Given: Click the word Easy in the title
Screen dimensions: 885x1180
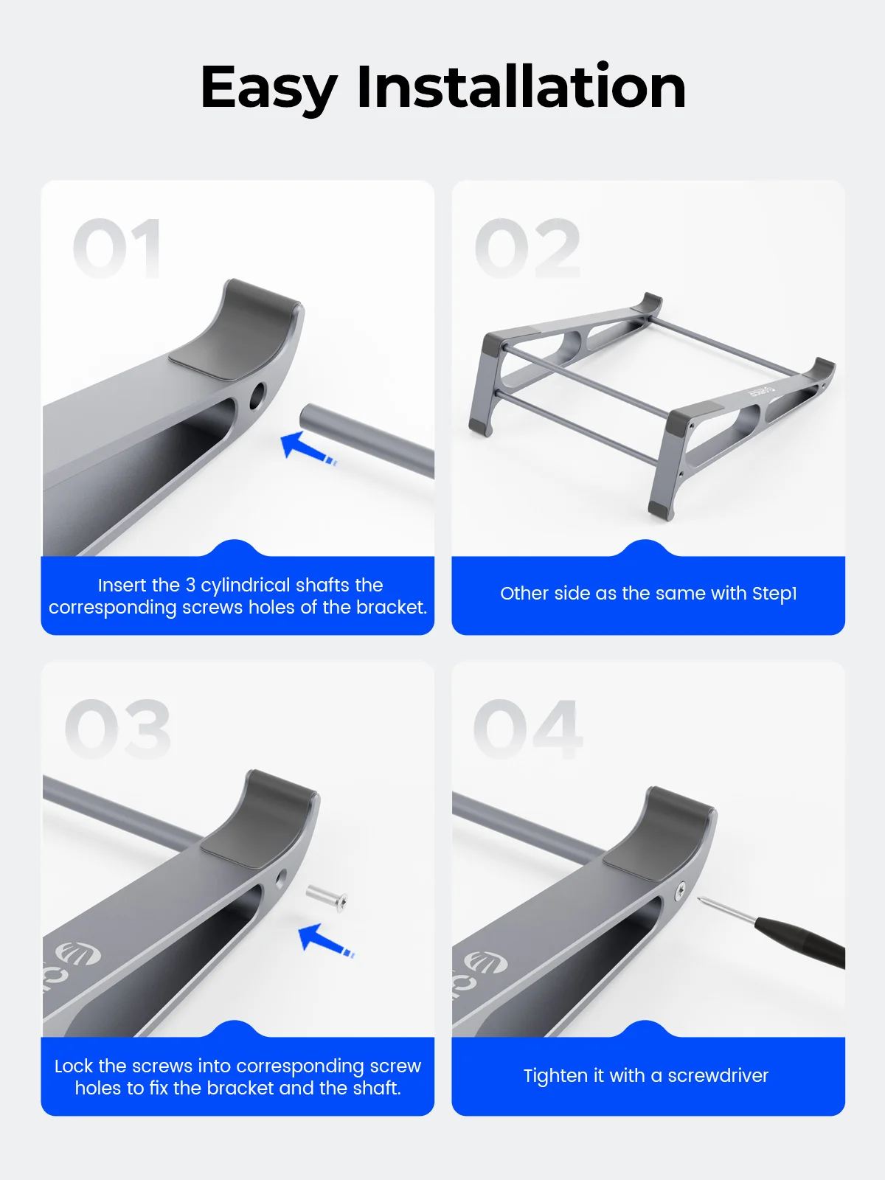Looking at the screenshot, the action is click(268, 88).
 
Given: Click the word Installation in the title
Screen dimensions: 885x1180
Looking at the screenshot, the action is click(521, 86).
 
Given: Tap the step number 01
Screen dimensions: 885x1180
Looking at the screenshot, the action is click(117, 248).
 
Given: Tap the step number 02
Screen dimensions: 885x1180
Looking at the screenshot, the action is click(527, 248).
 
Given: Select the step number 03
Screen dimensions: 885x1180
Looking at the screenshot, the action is click(118, 729).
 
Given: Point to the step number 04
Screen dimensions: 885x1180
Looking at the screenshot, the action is click(528, 729).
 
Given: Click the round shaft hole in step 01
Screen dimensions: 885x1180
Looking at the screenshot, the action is click(257, 395).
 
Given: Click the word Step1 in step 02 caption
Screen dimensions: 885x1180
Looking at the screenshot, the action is click(774, 594).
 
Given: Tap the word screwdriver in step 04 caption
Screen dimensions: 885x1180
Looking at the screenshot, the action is click(718, 1075).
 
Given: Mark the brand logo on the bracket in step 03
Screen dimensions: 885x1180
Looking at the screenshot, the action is click(77, 955).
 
